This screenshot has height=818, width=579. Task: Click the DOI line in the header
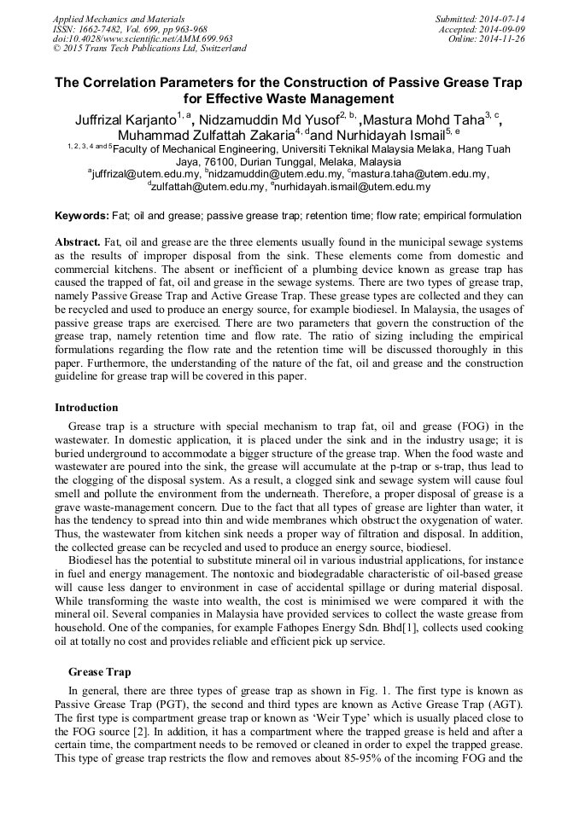tap(143, 38)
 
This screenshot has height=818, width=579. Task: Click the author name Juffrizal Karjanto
tap(123, 120)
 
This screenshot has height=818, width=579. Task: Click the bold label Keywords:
tap(81, 216)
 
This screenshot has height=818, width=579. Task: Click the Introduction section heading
tap(86, 407)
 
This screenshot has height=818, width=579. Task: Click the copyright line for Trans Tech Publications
tap(149, 49)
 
